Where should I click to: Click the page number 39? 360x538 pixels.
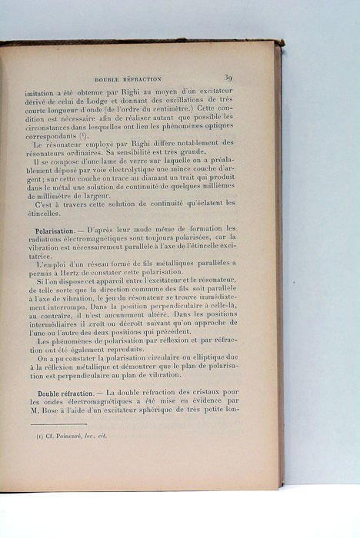point(228,77)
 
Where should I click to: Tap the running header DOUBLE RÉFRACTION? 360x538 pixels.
point(128,78)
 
